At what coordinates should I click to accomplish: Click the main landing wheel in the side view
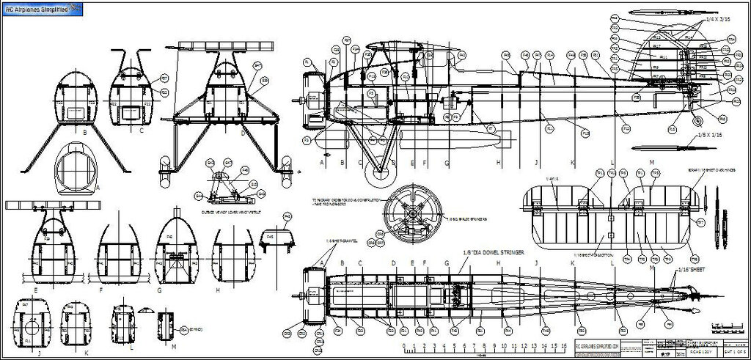click(380, 173)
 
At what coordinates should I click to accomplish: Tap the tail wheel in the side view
click(697, 120)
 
